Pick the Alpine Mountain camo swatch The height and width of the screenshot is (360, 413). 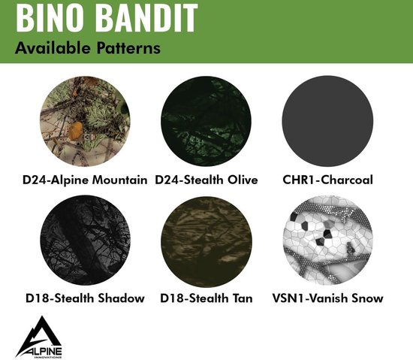tap(83, 121)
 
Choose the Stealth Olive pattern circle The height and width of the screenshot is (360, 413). tap(206, 121)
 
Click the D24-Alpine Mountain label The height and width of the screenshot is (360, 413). tap(84, 180)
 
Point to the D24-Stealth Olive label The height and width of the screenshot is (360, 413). tap(206, 180)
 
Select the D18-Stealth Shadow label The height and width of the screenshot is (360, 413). tap(84, 298)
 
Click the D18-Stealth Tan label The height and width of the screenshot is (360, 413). tap(206, 298)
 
